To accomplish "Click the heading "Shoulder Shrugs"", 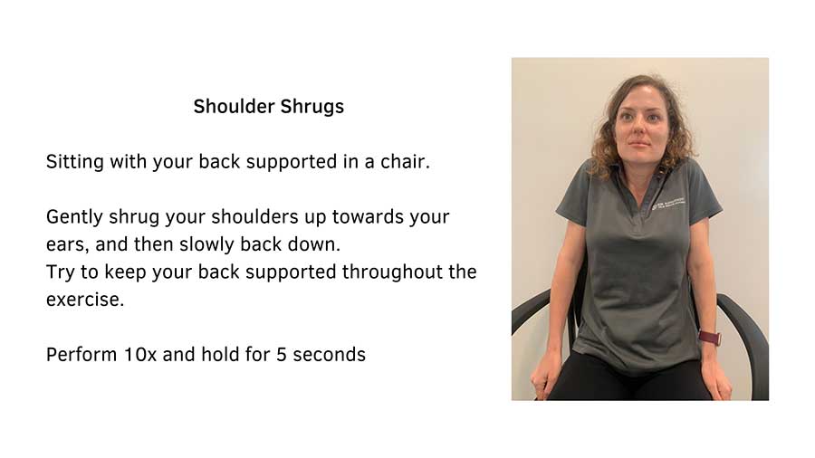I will pos(268,107).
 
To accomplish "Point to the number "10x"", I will pos(139,354).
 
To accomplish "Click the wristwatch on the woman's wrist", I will pos(709,338).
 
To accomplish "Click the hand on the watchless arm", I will pos(547,371).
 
